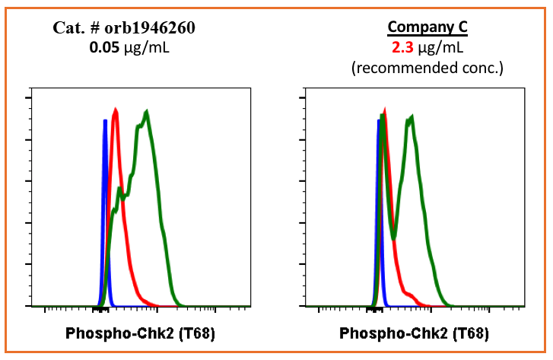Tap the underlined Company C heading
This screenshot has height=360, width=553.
click(427, 28)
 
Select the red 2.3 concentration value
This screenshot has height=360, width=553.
click(402, 48)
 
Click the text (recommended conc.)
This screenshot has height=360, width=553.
click(427, 67)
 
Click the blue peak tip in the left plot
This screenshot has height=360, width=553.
click(104, 120)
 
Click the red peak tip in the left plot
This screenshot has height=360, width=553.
click(115, 110)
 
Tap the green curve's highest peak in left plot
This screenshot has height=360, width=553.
click(146, 113)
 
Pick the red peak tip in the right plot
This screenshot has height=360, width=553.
click(384, 111)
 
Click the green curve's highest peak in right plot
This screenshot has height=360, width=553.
click(411, 117)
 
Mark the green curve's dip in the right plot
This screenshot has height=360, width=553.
click(394, 238)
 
